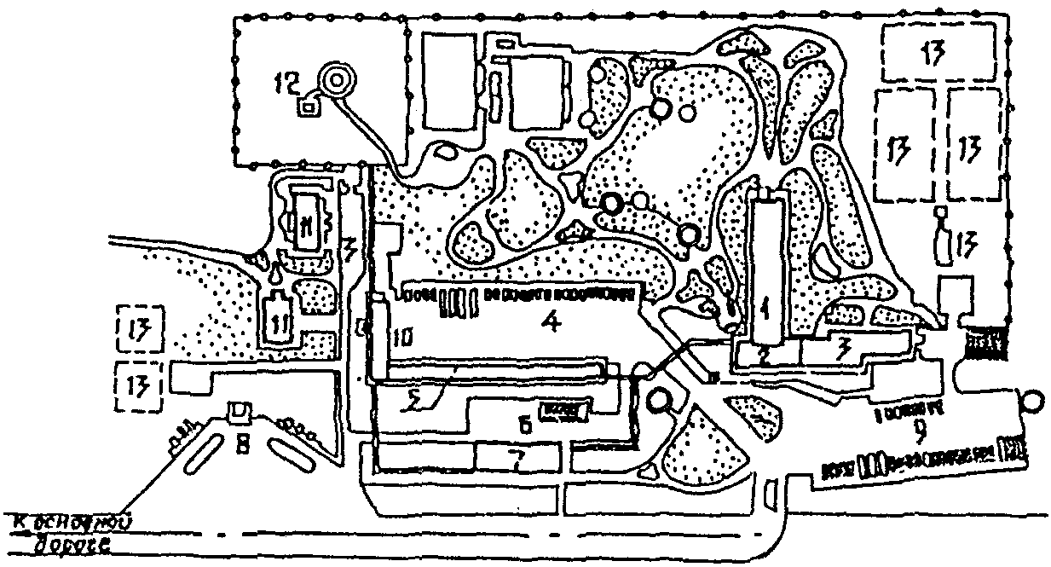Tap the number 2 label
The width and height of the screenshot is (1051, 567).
[765, 357]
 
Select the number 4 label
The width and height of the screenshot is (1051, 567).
[551, 325]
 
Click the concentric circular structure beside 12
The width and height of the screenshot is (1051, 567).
[335, 81]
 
